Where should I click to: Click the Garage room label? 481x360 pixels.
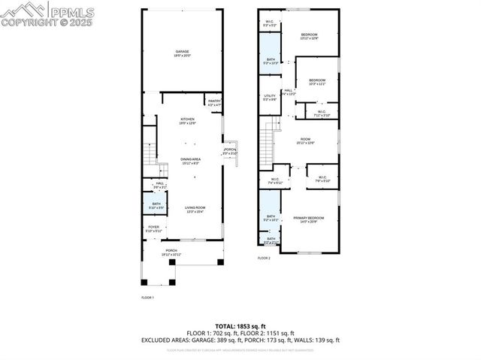pos(183,52)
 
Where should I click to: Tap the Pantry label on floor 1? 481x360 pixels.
pos(214,101)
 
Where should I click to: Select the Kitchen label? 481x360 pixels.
pos(187,119)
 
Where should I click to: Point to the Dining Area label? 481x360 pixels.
pos(190,159)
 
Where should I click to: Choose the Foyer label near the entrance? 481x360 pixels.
pos(153,226)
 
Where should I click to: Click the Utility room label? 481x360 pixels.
pos(270,96)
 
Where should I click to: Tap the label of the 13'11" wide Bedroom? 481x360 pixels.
pos(310,35)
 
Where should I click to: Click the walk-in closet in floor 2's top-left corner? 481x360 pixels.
pos(270,23)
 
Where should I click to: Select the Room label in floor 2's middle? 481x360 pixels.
pos(305,139)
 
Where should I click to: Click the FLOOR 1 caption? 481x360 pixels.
pos(147,298)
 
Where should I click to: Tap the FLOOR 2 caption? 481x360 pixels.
pos(263,258)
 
